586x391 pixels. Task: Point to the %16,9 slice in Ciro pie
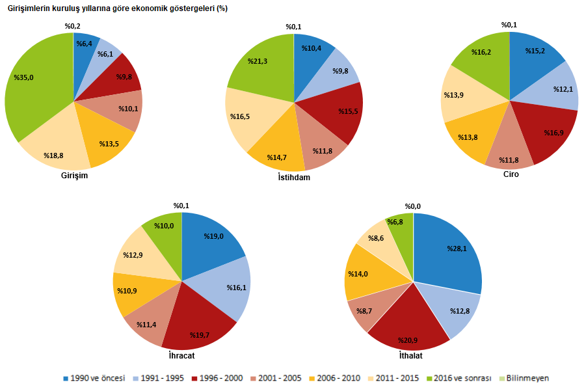pos(550,133)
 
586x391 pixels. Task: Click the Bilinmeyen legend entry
pos(527,378)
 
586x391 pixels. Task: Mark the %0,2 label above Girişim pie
pos(73,26)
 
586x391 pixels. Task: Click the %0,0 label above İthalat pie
pos(413,206)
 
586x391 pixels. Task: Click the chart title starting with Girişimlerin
pos(117,8)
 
